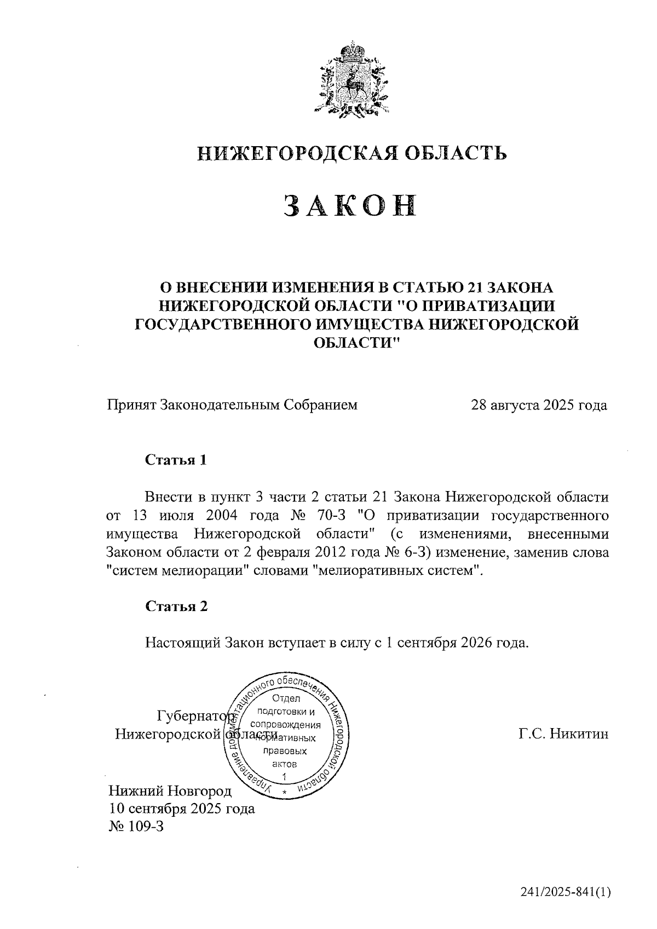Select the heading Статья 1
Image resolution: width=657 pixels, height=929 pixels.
point(176,460)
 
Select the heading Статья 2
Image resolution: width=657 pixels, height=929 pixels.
point(176,606)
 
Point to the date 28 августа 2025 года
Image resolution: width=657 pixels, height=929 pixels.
point(539,405)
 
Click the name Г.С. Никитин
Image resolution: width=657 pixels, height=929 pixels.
point(563,734)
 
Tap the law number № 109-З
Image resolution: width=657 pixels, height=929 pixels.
point(137,826)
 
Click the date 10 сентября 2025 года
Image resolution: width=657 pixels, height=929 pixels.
point(182,809)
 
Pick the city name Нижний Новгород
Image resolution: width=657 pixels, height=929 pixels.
point(170,791)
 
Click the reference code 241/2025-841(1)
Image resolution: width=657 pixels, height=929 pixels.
point(566,893)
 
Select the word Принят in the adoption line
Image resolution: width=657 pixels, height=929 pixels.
point(131,405)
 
